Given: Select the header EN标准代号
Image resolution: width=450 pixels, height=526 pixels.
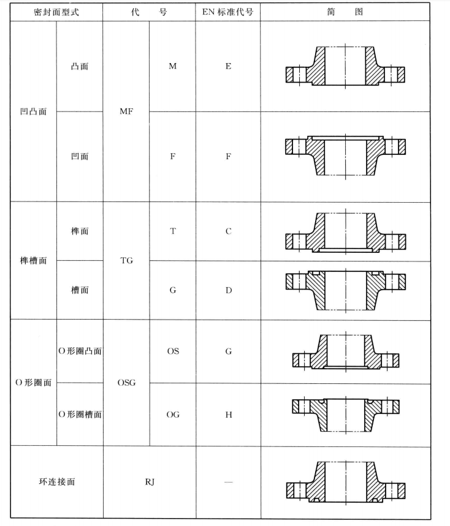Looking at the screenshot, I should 228,12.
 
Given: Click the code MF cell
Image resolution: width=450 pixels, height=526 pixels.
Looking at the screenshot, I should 126,112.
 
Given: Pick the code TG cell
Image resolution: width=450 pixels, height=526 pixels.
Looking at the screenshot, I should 126,260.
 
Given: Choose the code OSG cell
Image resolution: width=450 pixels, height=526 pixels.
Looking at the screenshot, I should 126,383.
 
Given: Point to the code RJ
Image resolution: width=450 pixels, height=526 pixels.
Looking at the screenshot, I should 150,482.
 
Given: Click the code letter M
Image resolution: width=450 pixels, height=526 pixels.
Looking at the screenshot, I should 172,66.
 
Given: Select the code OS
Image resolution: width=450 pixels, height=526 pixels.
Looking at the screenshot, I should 172,351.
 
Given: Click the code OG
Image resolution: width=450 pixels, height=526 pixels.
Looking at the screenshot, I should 172,415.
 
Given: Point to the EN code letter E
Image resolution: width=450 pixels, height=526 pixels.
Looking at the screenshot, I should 228,66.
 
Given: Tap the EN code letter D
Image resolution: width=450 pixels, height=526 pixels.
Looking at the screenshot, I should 228,290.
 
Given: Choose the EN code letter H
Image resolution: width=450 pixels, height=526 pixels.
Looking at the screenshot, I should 228,415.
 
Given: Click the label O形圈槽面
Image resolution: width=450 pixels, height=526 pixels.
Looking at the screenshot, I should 80,415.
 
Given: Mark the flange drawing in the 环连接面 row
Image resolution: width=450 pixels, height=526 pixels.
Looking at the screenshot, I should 346,482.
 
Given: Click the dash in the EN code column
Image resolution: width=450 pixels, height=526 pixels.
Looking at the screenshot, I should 228,482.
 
